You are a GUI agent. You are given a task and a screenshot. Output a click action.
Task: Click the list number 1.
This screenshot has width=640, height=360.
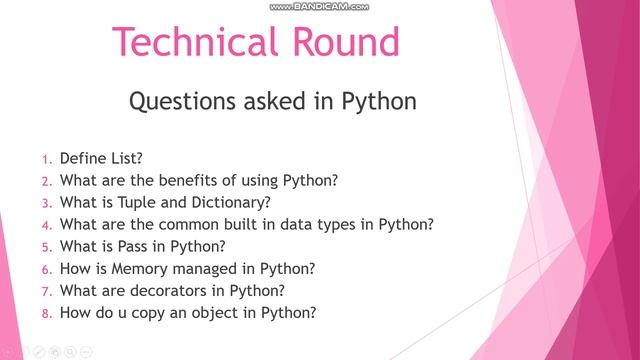pyautogui.click(x=45, y=159)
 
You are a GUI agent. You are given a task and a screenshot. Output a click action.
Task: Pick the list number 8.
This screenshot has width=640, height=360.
pyautogui.click(x=45, y=313)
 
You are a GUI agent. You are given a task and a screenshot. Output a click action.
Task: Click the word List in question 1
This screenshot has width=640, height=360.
pyautogui.click(x=127, y=158)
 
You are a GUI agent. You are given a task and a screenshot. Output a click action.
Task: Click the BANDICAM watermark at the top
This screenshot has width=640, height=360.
pyautogui.click(x=320, y=6)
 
